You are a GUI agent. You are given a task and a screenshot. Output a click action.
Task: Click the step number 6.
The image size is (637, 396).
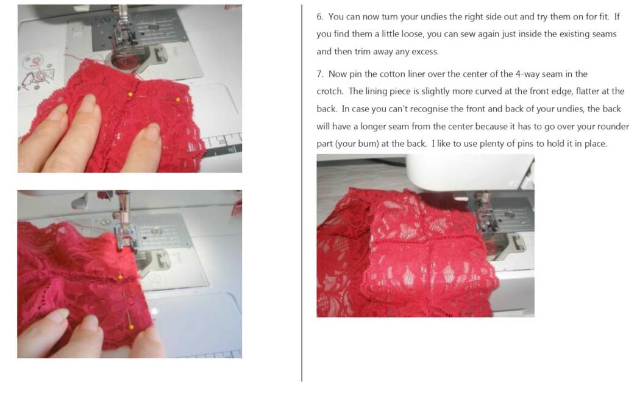(319, 16)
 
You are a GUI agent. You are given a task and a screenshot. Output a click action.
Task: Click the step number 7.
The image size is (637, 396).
(319, 74)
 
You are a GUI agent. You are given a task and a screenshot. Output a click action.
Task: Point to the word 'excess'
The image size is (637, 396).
(425, 52)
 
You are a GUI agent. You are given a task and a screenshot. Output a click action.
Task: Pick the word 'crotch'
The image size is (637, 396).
(329, 91)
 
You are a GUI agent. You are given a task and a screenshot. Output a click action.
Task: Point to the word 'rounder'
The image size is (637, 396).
(612, 126)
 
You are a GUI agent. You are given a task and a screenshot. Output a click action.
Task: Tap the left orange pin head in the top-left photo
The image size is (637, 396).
(130, 94)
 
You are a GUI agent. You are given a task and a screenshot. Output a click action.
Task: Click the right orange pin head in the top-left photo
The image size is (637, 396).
(177, 99)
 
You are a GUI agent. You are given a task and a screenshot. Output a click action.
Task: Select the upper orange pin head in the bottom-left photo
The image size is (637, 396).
(120, 277)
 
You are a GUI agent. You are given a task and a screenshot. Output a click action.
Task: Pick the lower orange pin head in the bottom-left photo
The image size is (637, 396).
(131, 327)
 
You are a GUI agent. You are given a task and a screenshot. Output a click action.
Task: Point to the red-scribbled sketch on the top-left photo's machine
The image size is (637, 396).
(37, 74)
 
